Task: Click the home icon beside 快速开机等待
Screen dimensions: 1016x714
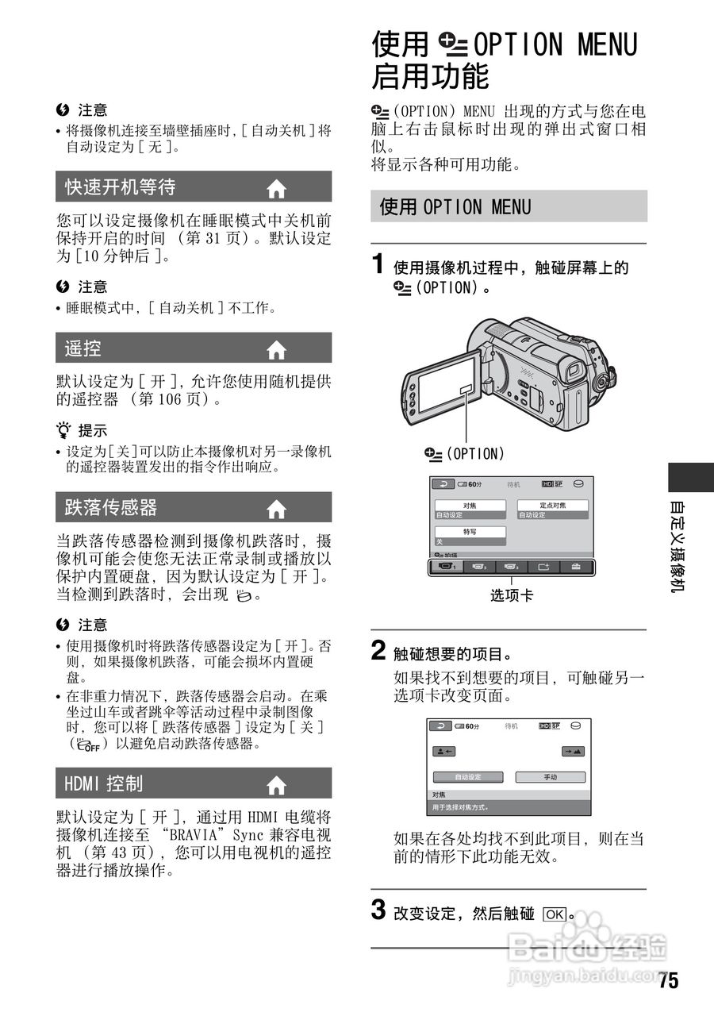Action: tap(276, 189)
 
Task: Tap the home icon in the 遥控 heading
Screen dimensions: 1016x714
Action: tap(276, 349)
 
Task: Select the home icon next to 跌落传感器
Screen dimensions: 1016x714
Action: tap(276, 509)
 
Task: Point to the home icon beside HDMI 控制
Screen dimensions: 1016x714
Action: tap(276, 785)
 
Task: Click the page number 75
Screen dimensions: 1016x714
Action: tap(668, 981)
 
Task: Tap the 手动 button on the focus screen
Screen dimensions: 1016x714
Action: tap(550, 777)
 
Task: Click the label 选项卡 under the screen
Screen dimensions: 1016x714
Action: tap(512, 595)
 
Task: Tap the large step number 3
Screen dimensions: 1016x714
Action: tap(380, 910)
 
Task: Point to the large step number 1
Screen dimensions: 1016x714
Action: tap(380, 264)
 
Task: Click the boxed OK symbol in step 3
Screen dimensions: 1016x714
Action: tap(555, 914)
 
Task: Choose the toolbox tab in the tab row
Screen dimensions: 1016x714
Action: tap(575, 567)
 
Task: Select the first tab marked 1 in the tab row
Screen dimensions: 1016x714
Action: tap(448, 567)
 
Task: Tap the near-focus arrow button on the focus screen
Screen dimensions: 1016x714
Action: tap(444, 751)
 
